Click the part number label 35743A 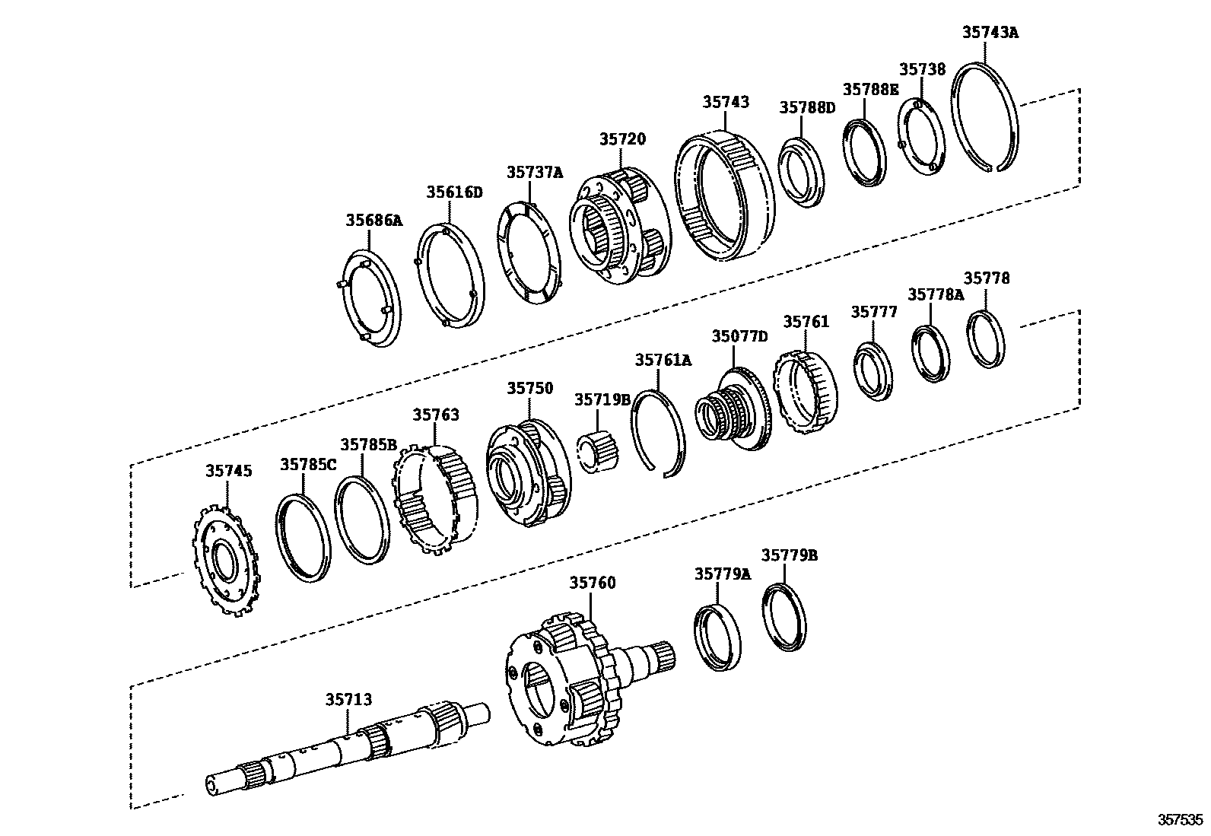(990, 32)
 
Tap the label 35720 (621, 139)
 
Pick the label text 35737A (535, 173)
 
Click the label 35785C (307, 464)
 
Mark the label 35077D (739, 336)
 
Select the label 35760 (592, 583)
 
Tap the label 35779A (721, 574)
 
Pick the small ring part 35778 (987, 339)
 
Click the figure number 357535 (1181, 820)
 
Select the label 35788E (870, 89)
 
